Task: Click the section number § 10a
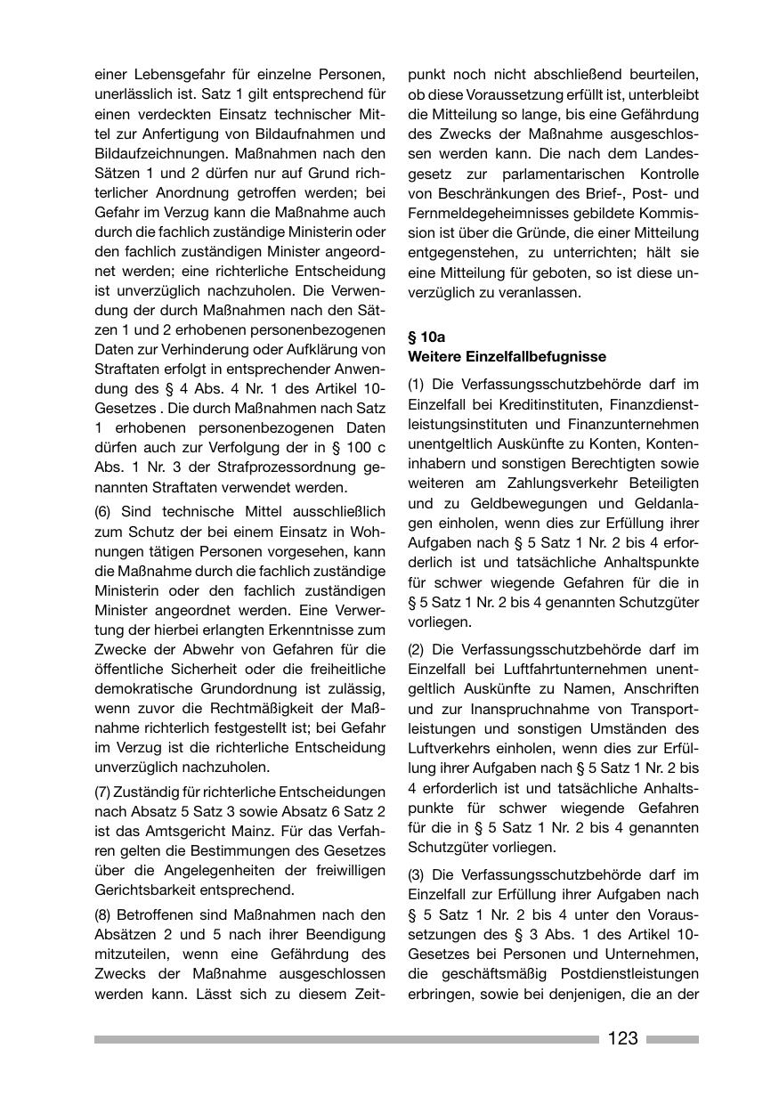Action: (x=426, y=337)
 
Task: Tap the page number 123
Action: (x=623, y=1038)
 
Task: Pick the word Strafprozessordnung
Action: (x=284, y=468)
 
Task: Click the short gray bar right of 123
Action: (x=672, y=1039)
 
